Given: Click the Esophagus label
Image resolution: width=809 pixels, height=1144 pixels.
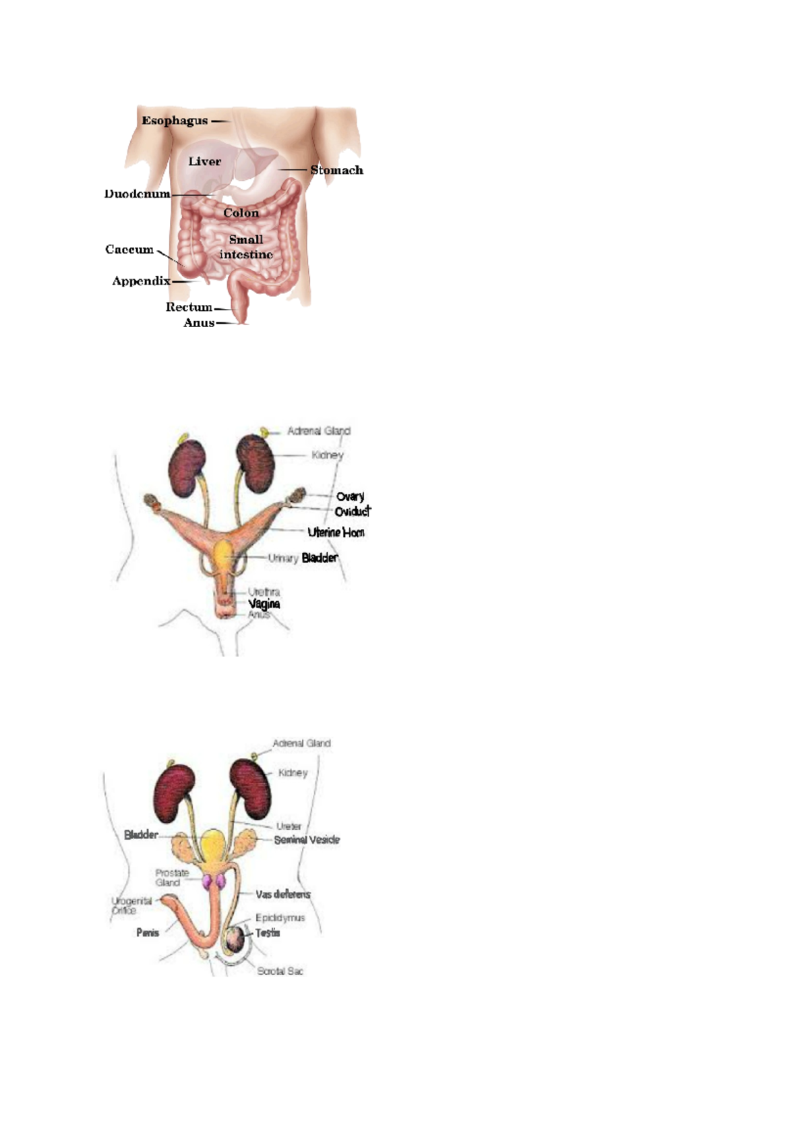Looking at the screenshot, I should click(175, 121).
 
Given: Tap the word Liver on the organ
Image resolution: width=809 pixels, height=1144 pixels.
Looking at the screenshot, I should click(204, 162).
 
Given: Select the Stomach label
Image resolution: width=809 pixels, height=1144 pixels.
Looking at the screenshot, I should click(336, 170).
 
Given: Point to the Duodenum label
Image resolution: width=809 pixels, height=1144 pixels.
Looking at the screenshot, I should click(137, 194).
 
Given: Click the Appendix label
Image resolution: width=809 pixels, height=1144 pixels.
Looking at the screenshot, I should click(141, 281).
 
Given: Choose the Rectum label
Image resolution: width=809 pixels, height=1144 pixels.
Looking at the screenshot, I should click(189, 307).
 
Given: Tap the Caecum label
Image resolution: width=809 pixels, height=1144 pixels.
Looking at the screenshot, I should click(129, 250).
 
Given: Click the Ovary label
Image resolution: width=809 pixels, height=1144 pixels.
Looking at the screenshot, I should click(350, 496).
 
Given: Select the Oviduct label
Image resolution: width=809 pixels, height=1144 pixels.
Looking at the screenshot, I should click(353, 511).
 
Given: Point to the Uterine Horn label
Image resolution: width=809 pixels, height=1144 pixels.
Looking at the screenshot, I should click(336, 532).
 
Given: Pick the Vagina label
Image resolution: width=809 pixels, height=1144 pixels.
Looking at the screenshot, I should click(264, 604).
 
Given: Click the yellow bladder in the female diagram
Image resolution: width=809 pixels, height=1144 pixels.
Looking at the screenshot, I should click(223, 557).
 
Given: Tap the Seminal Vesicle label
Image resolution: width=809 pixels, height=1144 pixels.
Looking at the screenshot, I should click(307, 840).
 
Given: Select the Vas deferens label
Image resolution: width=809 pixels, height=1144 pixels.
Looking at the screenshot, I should click(283, 894).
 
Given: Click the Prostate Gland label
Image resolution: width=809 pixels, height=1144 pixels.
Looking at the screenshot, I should click(171, 878).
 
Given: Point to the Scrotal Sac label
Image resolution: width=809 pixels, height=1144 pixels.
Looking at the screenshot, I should click(280, 971).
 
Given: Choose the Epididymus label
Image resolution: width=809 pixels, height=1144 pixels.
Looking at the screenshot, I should click(280, 918).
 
